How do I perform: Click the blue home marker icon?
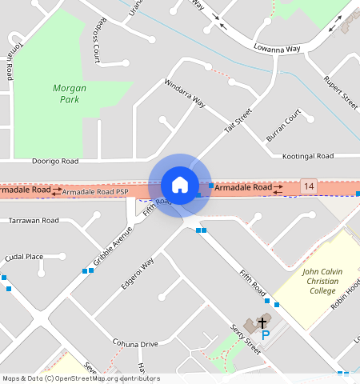coord(180,185)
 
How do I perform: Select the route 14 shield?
coord(309,186)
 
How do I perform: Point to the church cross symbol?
coord(262,322)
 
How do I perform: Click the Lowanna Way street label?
coord(276,49)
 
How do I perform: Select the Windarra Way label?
coord(185,94)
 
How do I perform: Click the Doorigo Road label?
coord(55,161)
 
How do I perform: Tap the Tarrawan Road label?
coord(34,220)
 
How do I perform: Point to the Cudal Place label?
coord(24,257)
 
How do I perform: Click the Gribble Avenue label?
coord(112,246)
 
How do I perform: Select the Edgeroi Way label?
coord(137,271)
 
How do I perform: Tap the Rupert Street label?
coord(339,92)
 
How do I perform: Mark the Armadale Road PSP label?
coord(94,192)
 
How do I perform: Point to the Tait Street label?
coord(238,121)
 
